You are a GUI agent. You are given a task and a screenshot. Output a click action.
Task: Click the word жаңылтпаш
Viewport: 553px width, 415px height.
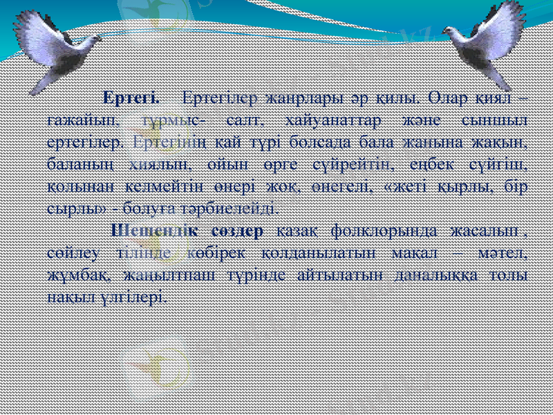(167, 275)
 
